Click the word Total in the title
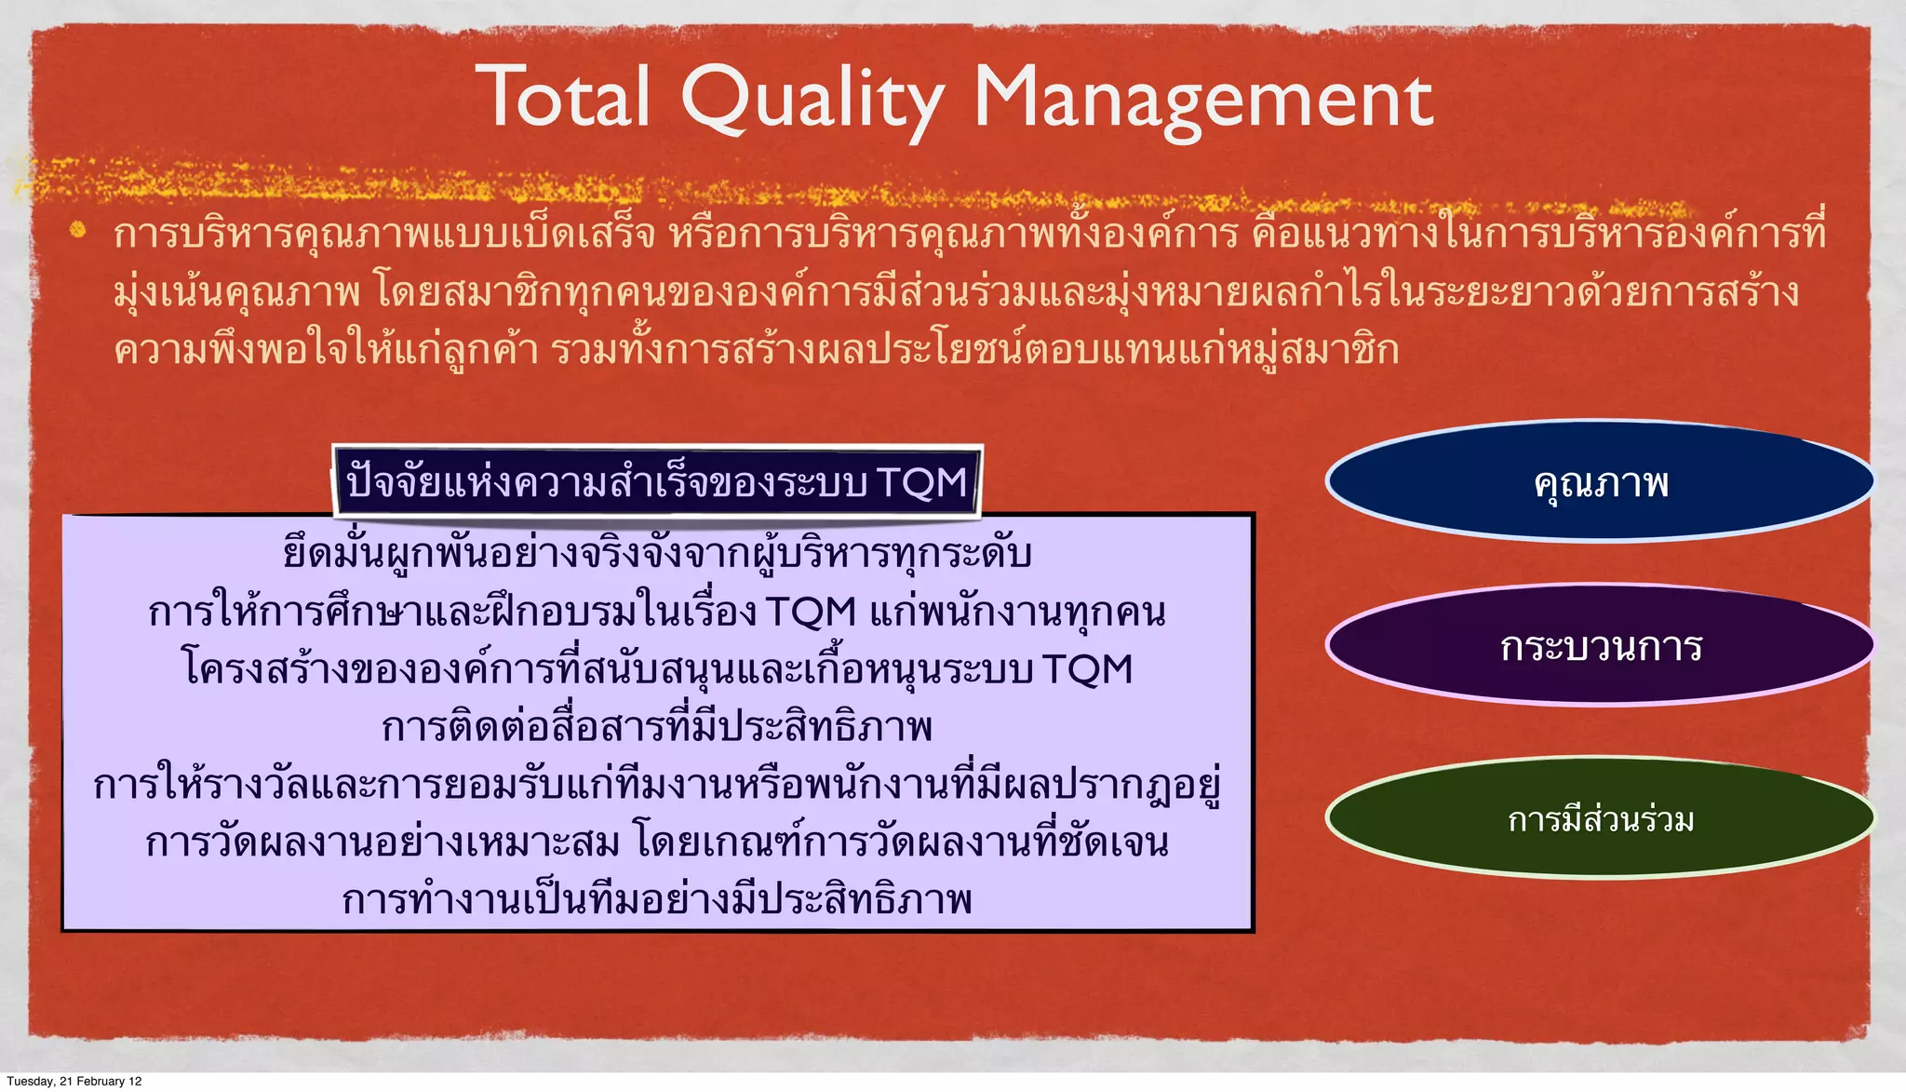click(x=568, y=98)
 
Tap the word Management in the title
click(x=1202, y=100)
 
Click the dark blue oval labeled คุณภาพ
click(x=1599, y=482)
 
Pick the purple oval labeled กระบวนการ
click(x=1599, y=646)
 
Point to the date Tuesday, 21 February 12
click(x=74, y=1081)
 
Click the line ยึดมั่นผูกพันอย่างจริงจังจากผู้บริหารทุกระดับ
click(x=657, y=554)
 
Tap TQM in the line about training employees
click(x=811, y=613)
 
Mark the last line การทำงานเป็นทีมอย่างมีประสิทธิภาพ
click(x=657, y=900)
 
